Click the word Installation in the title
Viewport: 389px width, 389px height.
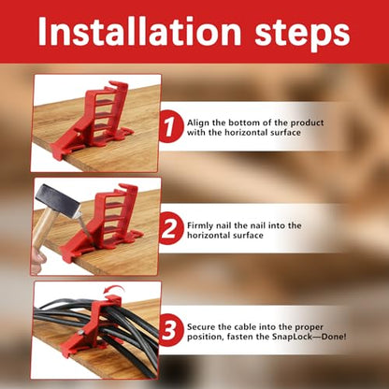tap(139, 31)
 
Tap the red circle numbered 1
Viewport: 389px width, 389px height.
tap(171, 127)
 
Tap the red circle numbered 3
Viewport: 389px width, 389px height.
tap(171, 330)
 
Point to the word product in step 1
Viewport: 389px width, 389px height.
tap(308, 123)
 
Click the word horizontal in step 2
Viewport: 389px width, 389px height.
tap(209, 235)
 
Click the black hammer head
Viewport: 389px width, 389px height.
tap(57, 200)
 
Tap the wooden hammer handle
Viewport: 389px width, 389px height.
tap(45, 227)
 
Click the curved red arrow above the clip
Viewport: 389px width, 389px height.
tap(113, 288)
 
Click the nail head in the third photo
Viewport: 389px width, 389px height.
tap(81, 333)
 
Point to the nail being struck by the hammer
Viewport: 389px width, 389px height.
tap(84, 226)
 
